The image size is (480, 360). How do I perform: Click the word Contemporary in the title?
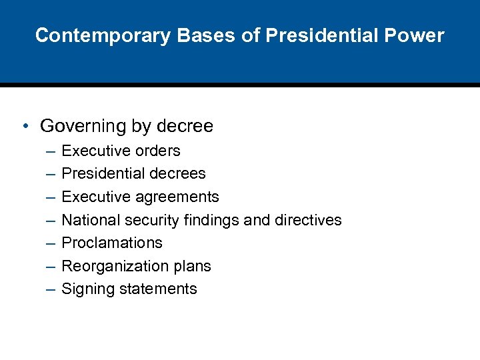103,35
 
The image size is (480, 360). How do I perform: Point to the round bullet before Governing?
24,126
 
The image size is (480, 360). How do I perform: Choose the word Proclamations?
112,243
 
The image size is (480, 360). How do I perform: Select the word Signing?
85,289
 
